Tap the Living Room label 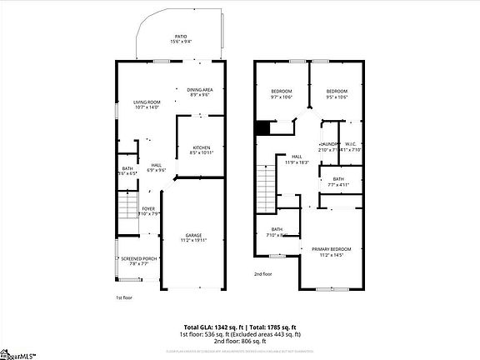(x=147, y=102)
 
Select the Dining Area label (x=199, y=89)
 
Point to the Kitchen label (x=202, y=147)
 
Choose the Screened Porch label (x=139, y=259)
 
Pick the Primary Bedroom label (x=332, y=249)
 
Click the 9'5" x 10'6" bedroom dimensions (x=337, y=96)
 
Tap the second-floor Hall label (x=297, y=157)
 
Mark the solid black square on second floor (x=262, y=127)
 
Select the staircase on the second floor (x=264, y=182)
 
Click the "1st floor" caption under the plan (x=124, y=297)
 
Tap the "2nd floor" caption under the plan (x=264, y=273)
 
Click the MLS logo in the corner (x=18, y=353)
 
